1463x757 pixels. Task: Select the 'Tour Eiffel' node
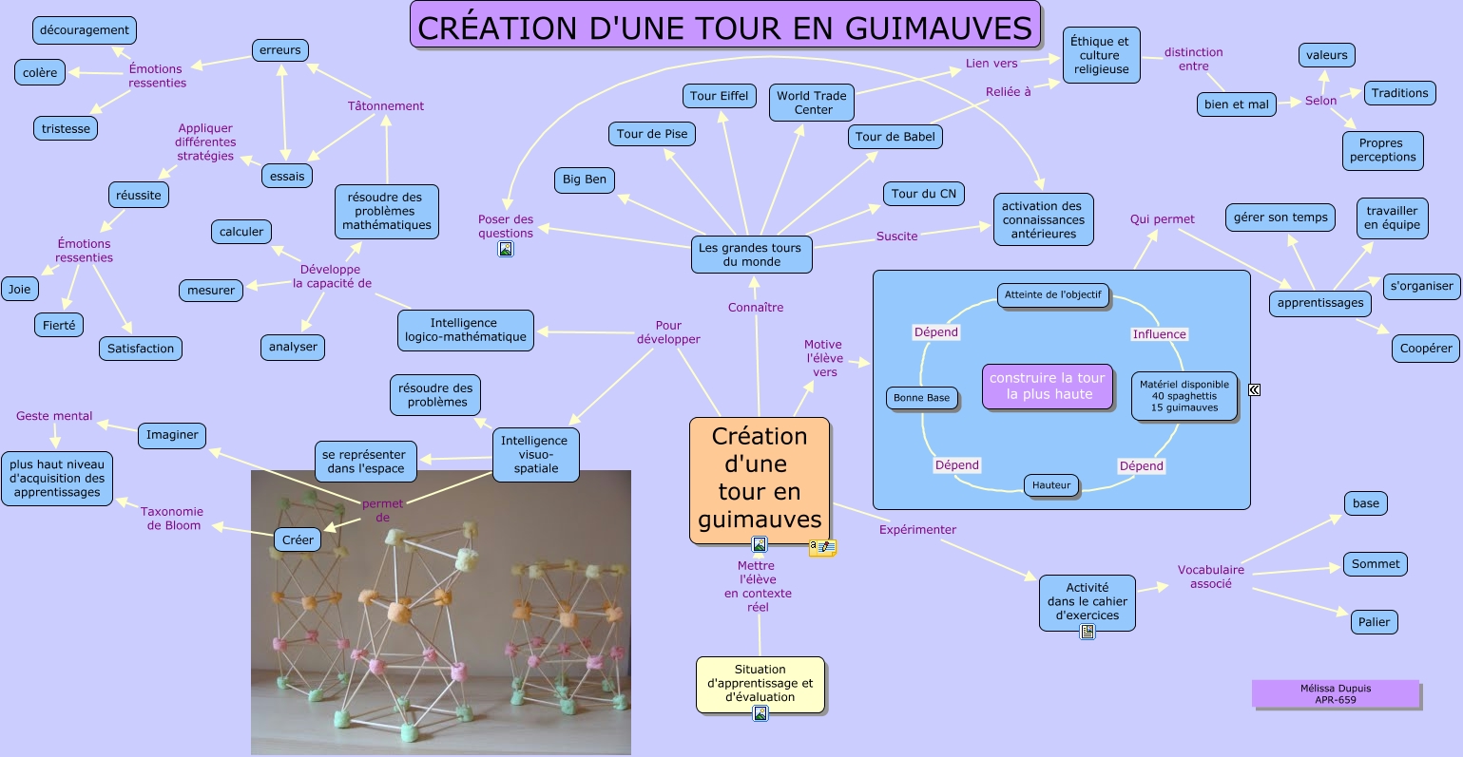pyautogui.click(x=719, y=96)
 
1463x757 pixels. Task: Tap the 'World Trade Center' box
pyautogui.click(x=811, y=103)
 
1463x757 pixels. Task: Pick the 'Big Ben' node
pyautogui.click(x=584, y=180)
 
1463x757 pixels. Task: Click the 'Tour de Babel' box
pyautogui.click(x=895, y=137)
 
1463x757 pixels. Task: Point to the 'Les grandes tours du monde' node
pyautogui.click(x=750, y=255)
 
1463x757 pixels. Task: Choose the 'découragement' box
pyautogui.click(x=85, y=30)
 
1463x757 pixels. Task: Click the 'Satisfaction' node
pyautogui.click(x=141, y=349)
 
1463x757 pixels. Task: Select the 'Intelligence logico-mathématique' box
pyautogui.click(x=465, y=330)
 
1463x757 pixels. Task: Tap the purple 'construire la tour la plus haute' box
pyautogui.click(x=1047, y=386)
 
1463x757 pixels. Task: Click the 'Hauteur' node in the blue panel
pyautogui.click(x=1051, y=485)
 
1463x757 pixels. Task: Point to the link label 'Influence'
pyautogui.click(x=1159, y=334)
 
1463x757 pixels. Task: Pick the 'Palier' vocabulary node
pyautogui.click(x=1374, y=622)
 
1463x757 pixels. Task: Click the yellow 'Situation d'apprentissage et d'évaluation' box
pyautogui.click(x=760, y=683)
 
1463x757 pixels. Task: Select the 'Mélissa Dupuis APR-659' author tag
pyautogui.click(x=1335, y=693)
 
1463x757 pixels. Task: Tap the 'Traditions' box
pyautogui.click(x=1399, y=93)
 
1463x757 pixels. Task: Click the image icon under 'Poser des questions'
pyautogui.click(x=506, y=249)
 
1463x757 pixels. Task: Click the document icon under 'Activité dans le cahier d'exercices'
pyautogui.click(x=1088, y=632)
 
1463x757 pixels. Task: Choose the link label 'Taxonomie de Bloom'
pyautogui.click(x=172, y=518)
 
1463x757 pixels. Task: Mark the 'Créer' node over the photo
pyautogui.click(x=298, y=539)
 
